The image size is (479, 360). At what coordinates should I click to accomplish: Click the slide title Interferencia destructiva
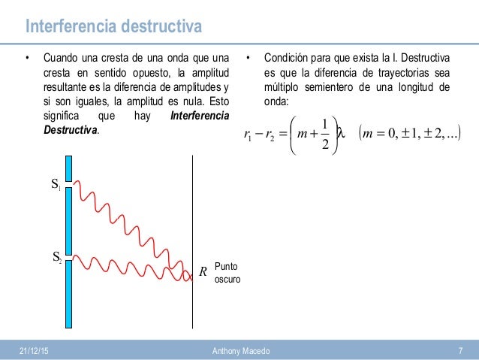(x=113, y=28)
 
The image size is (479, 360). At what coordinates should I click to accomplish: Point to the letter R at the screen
(x=203, y=271)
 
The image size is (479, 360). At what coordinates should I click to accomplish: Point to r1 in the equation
(x=249, y=135)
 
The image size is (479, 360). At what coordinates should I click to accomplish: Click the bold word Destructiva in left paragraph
(x=71, y=130)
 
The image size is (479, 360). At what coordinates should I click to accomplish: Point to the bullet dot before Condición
(x=248, y=59)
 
